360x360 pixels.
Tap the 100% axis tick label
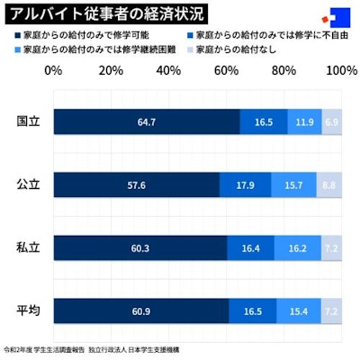pyautogui.click(x=340, y=69)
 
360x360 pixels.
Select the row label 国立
pyautogui.click(x=28, y=121)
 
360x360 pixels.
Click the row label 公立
pyautogui.click(x=28, y=184)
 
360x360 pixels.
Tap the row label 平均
pyautogui.click(x=28, y=310)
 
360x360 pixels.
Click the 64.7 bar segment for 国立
pyautogui.click(x=147, y=121)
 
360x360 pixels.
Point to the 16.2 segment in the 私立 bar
pyautogui.click(x=297, y=247)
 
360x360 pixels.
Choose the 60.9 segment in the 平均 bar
pyautogui.click(x=140, y=310)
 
